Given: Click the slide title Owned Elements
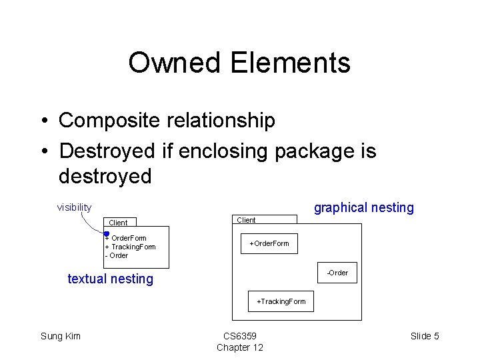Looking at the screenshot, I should click(x=239, y=63).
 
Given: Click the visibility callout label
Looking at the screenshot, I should click(x=74, y=207).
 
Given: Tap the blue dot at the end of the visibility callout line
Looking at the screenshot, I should click(x=107, y=233).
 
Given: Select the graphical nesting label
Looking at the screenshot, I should click(x=363, y=207).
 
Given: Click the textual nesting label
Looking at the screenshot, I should click(x=110, y=279).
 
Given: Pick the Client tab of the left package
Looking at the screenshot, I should click(x=118, y=223).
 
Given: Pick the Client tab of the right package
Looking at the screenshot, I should click(x=246, y=220).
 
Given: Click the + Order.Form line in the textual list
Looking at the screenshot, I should click(x=126, y=238).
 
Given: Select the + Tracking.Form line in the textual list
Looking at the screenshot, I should click(x=131, y=247).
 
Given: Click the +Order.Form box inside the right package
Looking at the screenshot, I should click(x=269, y=243).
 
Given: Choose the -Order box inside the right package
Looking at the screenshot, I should click(x=337, y=273).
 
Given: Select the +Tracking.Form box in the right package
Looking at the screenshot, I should click(x=281, y=301).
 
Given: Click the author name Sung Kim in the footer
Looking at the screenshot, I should click(x=61, y=336).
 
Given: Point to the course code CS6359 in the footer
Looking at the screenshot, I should click(x=239, y=336).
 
